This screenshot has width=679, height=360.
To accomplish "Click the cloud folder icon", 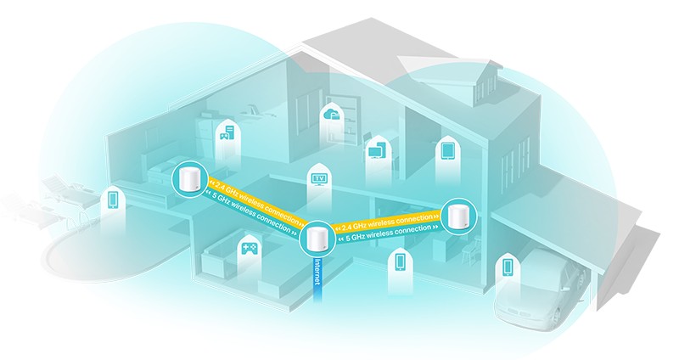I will click(329, 115).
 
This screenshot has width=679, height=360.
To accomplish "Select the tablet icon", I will click(447, 151).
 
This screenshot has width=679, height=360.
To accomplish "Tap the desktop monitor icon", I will click(374, 151).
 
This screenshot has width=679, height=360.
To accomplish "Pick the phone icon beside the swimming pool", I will click(113, 200).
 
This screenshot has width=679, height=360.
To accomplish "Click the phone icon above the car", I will click(508, 266).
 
